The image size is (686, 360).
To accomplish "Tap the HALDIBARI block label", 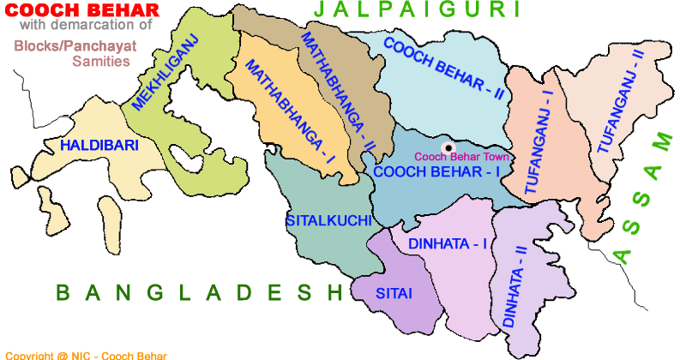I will (99, 146).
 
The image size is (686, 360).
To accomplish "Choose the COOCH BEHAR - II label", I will (442, 70).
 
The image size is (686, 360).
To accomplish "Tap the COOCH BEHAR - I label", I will (436, 171).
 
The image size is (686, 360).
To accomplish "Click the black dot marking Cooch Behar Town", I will (448, 148).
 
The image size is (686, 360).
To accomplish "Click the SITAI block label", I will (394, 294).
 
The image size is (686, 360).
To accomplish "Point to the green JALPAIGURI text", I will (418, 10).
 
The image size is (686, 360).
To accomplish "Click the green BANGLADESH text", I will (199, 293).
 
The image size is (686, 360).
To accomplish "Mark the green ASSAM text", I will (643, 197).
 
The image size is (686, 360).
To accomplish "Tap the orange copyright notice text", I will (86, 355).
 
